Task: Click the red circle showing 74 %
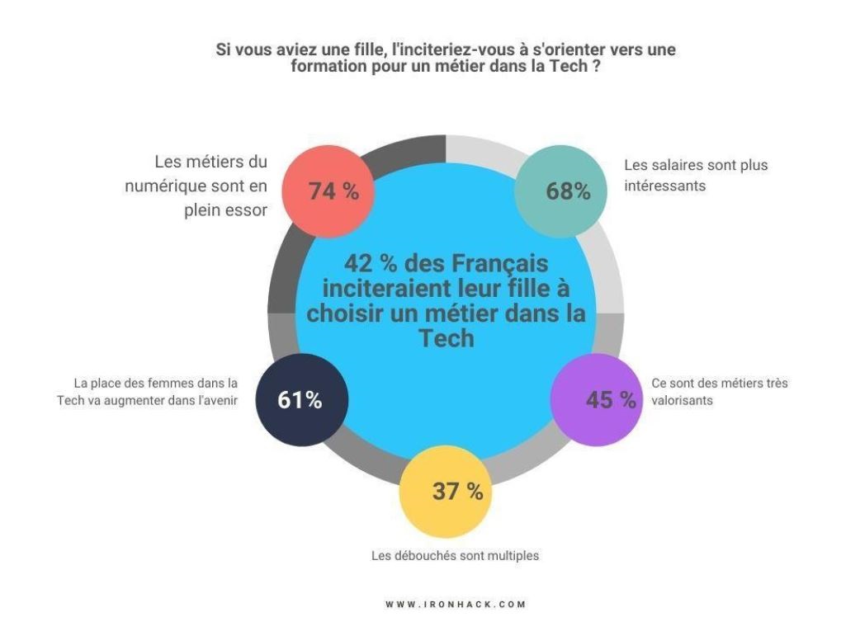click(x=327, y=191)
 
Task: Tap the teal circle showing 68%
click(x=560, y=191)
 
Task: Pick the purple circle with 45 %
click(x=596, y=400)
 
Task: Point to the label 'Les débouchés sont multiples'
click(x=455, y=556)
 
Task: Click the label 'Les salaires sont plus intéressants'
click(x=696, y=175)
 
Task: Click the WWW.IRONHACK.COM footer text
click(x=456, y=604)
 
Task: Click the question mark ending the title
click(x=596, y=66)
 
